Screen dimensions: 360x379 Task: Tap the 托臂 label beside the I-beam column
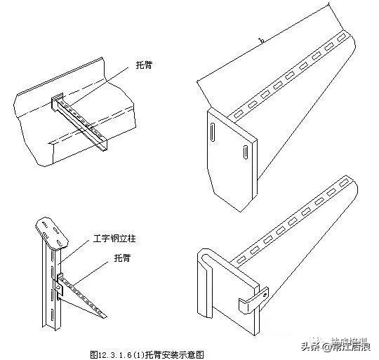point(103,258)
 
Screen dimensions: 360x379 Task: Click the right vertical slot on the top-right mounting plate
point(243,151)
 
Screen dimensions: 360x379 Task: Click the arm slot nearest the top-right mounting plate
point(239,112)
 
